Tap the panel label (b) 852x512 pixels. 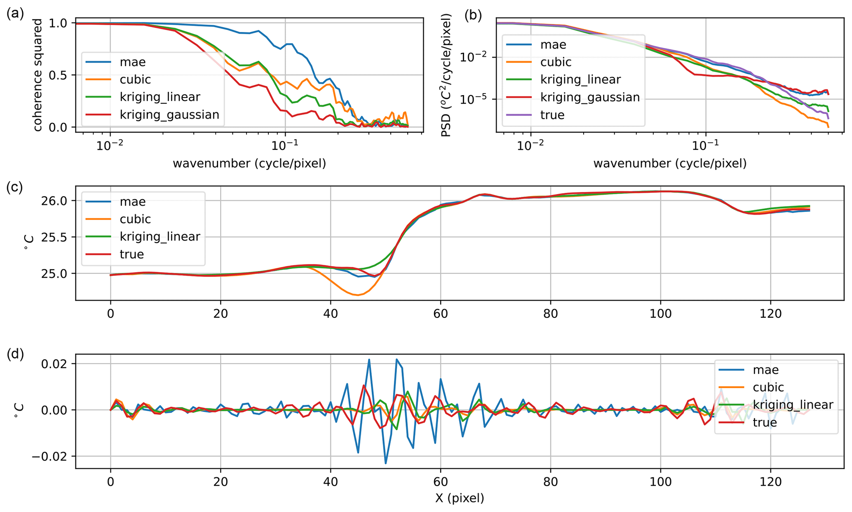tap(473, 15)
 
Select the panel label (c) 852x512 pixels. tap(15, 187)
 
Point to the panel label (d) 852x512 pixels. tap(15, 354)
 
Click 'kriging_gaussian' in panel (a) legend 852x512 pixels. tap(169, 115)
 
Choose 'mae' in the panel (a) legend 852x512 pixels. tap(133, 62)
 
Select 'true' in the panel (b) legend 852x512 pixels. tap(552, 115)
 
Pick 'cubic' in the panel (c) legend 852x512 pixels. tap(135, 219)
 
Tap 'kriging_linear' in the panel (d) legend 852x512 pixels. tap(793, 405)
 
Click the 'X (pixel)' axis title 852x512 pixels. tap(460, 498)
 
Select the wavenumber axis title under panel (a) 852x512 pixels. tap(249, 164)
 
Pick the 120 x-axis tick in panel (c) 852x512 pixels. tap(770, 314)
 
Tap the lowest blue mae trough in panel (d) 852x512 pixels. tap(386, 463)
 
